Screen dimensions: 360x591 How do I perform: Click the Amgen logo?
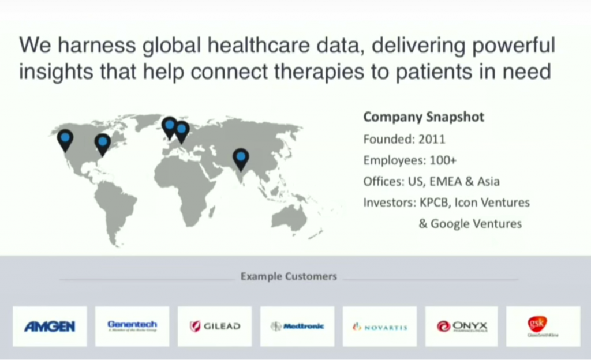coord(50,327)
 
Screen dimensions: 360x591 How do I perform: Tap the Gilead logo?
coord(215,327)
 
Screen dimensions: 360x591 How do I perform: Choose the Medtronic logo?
coord(297,327)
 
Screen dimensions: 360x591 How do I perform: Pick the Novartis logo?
coord(380,327)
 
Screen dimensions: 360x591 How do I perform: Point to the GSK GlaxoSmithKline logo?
coord(543,327)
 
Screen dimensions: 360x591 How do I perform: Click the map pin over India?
coord(241,157)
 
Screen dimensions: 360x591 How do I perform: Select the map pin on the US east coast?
coord(102,142)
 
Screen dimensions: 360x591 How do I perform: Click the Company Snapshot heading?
coord(424,118)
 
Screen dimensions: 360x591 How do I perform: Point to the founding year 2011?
coord(432,139)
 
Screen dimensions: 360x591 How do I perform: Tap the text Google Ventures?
coord(476,224)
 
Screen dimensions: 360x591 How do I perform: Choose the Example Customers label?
coord(289,276)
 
